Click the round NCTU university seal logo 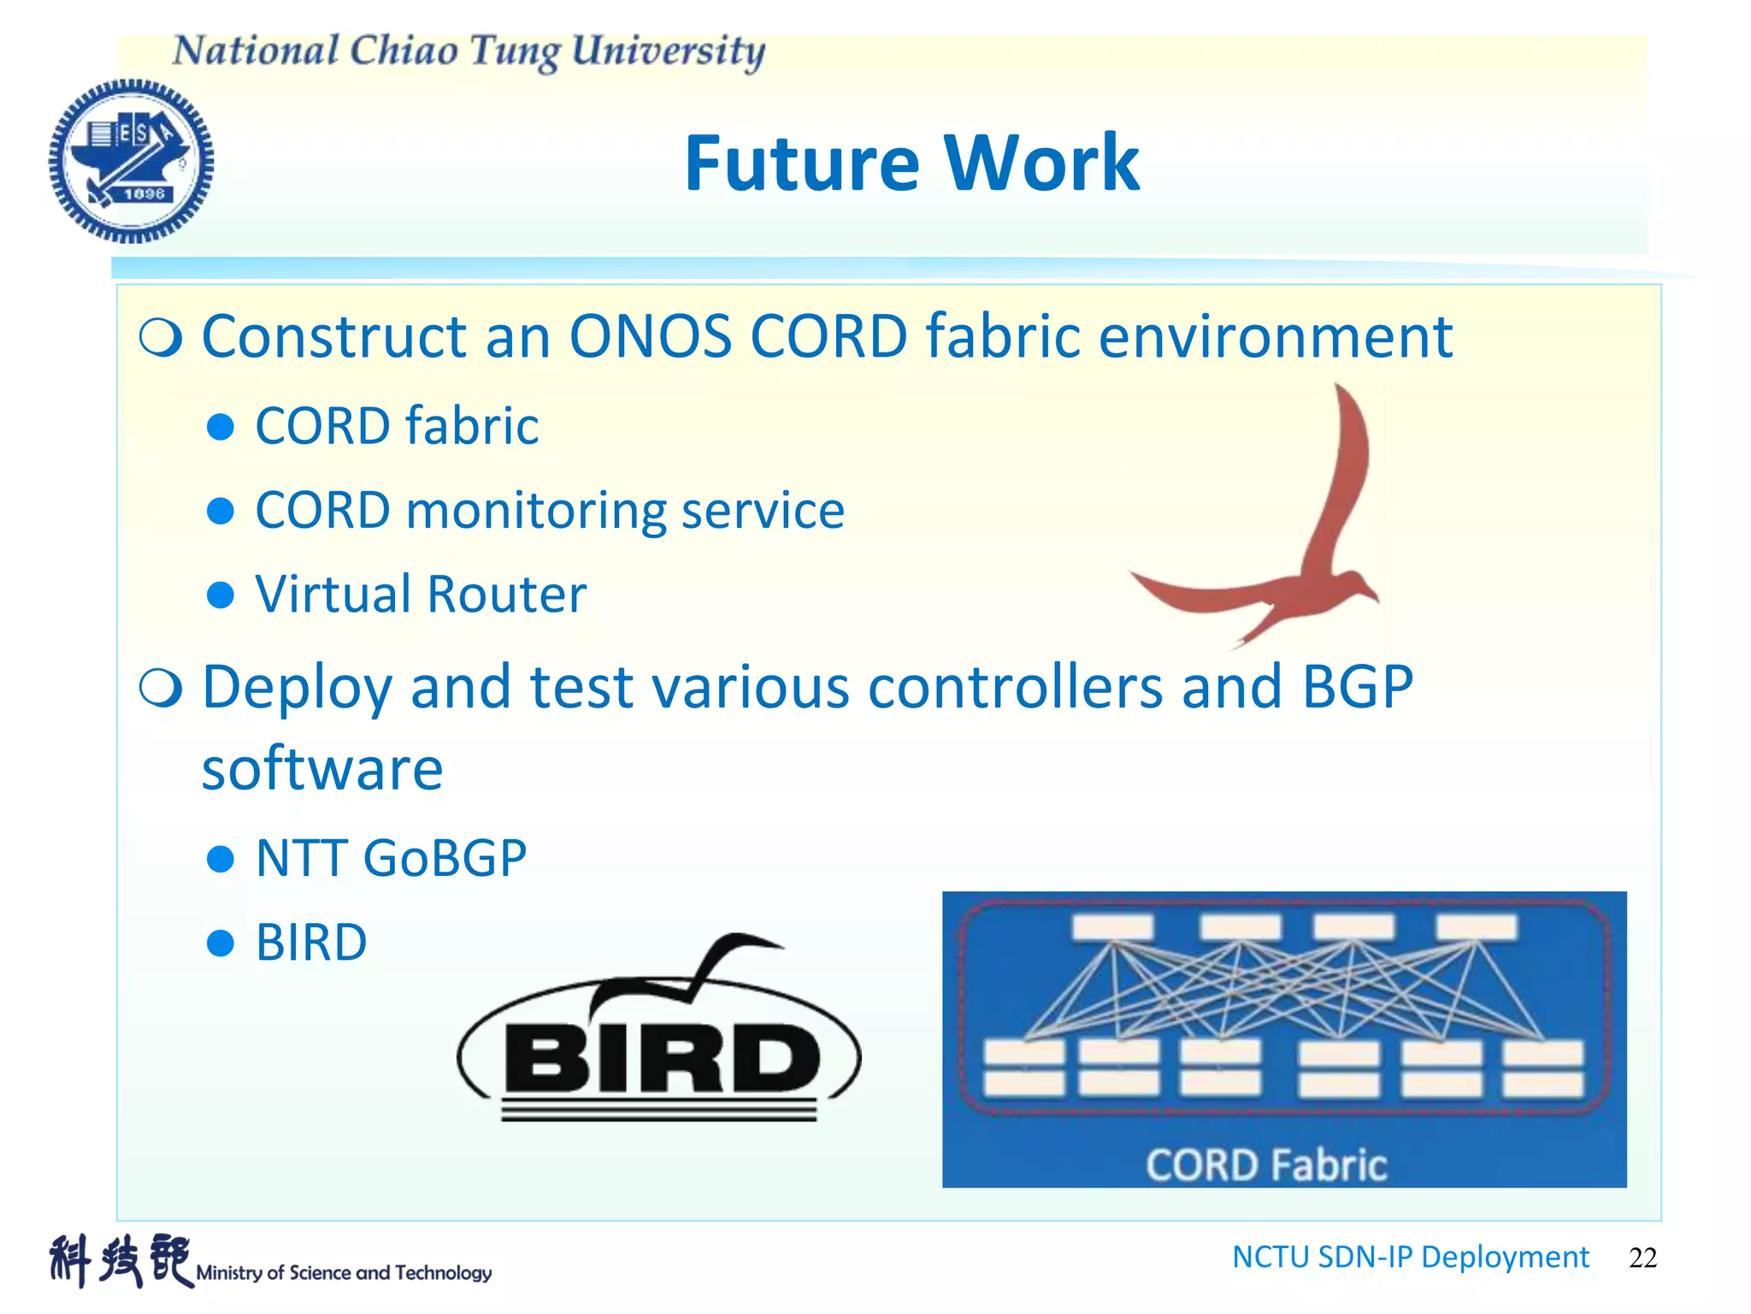click(131, 161)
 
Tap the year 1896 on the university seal click(144, 194)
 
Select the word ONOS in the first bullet click(650, 336)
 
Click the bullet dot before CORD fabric click(221, 426)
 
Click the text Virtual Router click(421, 594)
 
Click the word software click(322, 768)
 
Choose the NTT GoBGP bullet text click(391, 858)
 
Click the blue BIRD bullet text click(311, 943)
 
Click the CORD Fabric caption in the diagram click(1265, 1165)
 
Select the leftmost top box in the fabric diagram click(1113, 926)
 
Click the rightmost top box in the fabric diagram click(1477, 926)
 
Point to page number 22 click(1642, 1258)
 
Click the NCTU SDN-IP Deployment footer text click(1410, 1257)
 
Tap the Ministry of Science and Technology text click(344, 1273)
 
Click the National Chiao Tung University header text click(469, 51)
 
